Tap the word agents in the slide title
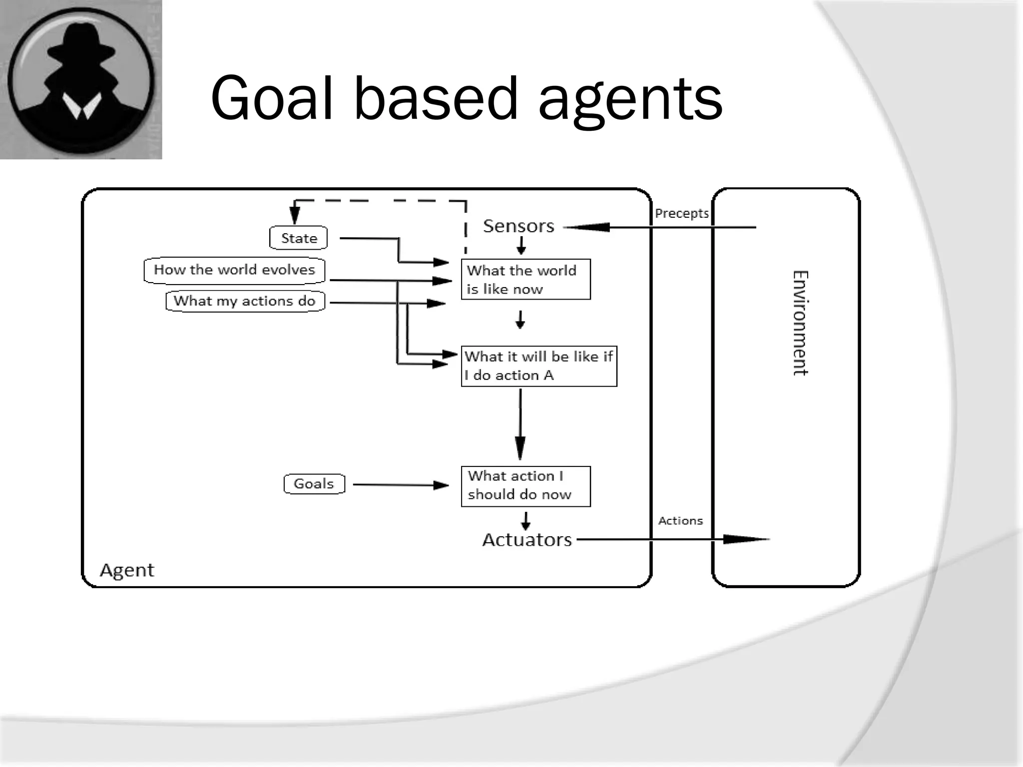click(x=630, y=100)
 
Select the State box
click(x=298, y=238)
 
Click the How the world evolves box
click(x=234, y=270)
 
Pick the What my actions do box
click(x=245, y=301)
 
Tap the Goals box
click(x=314, y=484)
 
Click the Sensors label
click(x=518, y=226)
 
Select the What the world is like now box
click(x=525, y=280)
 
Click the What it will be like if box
click(x=538, y=366)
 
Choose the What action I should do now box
click(x=525, y=486)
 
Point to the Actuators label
click(x=526, y=540)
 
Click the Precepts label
click(x=681, y=213)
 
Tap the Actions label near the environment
click(x=680, y=521)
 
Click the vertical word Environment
click(x=800, y=323)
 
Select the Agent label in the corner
click(x=127, y=570)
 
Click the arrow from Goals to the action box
click(x=400, y=485)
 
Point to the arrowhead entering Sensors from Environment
click(x=589, y=228)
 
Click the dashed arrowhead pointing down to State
click(x=295, y=216)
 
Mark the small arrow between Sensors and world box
click(x=521, y=246)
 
